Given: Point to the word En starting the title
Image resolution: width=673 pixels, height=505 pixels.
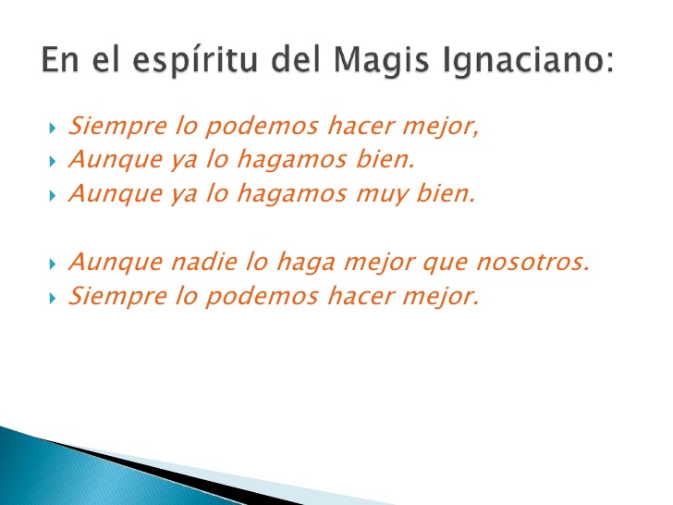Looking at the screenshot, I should click(x=59, y=61).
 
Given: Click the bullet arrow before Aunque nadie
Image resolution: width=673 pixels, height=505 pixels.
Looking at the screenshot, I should click(x=53, y=264).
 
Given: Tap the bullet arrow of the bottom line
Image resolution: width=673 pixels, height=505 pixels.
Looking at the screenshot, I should click(x=53, y=298).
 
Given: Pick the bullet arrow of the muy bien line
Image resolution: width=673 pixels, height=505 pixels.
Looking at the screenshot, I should click(x=53, y=194).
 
